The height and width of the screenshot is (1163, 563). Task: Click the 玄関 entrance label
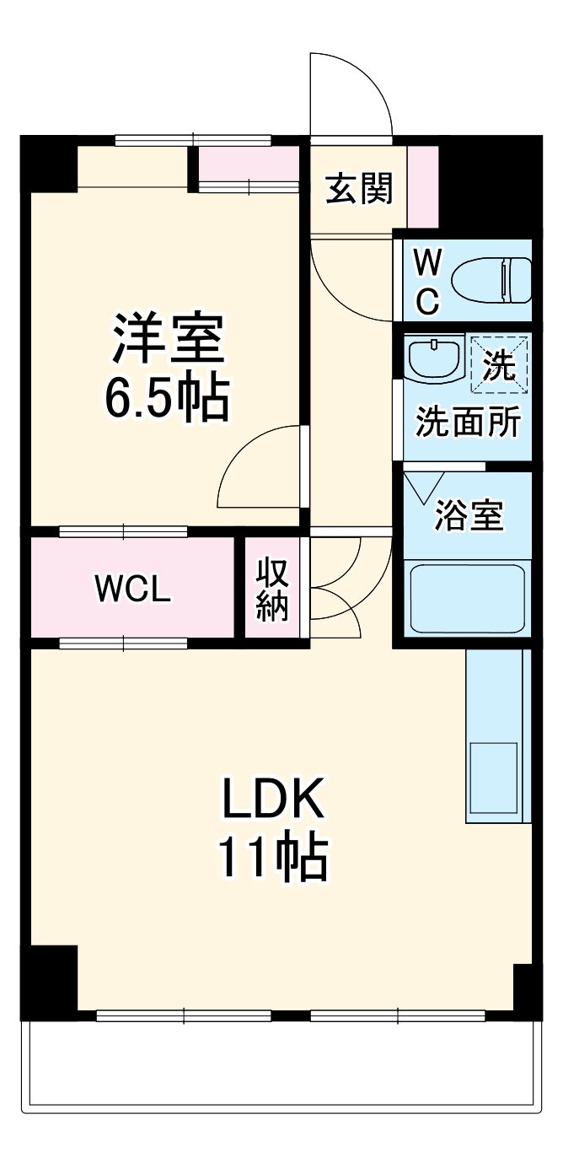click(x=359, y=191)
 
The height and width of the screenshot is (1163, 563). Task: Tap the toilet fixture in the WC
click(x=492, y=281)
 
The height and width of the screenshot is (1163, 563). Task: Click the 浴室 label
click(x=469, y=516)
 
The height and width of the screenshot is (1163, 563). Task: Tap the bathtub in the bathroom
click(x=467, y=598)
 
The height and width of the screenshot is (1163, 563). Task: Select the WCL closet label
click(x=132, y=590)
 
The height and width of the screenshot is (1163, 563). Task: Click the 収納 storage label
click(x=272, y=590)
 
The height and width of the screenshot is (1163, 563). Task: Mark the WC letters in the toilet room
click(x=427, y=282)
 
